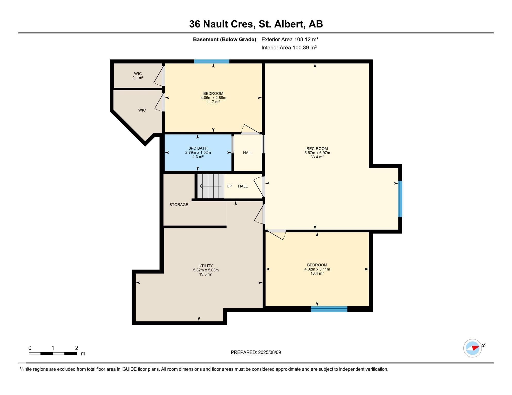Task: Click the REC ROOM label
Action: click(x=317, y=149)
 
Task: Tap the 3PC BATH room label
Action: click(x=198, y=148)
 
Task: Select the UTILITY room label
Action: click(x=206, y=266)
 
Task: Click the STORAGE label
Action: click(x=179, y=205)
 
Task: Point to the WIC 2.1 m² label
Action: click(x=138, y=76)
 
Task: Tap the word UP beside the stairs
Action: click(x=229, y=186)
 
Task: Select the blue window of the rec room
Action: click(x=400, y=199)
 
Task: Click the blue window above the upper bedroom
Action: click(x=211, y=61)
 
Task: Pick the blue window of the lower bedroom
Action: click(x=329, y=309)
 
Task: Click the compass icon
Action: click(x=473, y=348)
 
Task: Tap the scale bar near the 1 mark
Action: click(x=53, y=354)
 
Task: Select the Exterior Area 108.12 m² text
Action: click(x=290, y=39)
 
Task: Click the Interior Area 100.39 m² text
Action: click(x=289, y=48)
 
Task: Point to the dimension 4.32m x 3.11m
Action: click(x=317, y=269)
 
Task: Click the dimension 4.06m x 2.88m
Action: click(x=213, y=98)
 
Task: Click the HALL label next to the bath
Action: click(x=248, y=153)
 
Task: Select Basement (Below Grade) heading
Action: click(x=224, y=39)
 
